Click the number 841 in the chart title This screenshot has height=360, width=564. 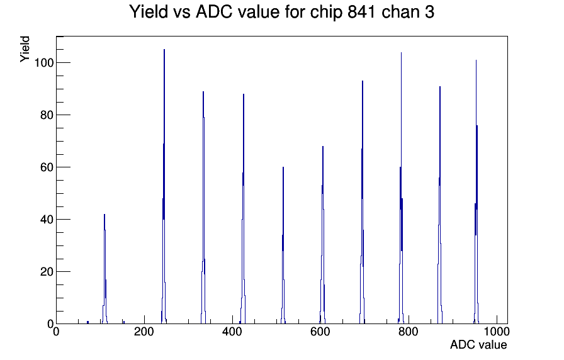[x=362, y=12]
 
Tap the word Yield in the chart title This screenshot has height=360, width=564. [x=149, y=12]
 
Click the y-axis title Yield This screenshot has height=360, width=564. [x=25, y=49]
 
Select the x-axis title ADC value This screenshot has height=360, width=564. [x=478, y=344]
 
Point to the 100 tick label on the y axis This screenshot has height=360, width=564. [x=43, y=63]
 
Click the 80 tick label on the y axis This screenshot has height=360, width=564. [x=47, y=115]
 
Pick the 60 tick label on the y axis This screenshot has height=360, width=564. [x=47, y=167]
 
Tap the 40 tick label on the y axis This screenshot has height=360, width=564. [x=47, y=220]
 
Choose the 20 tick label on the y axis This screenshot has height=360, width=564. [x=47, y=271]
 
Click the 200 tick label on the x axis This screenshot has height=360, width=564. [x=144, y=332]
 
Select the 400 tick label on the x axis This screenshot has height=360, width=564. [x=232, y=332]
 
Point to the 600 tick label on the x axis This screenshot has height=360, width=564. [x=320, y=332]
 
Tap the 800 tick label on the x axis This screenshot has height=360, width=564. [x=409, y=332]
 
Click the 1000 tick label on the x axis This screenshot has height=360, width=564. [x=497, y=332]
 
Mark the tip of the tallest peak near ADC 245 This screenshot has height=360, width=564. [x=164, y=50]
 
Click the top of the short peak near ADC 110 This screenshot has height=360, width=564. [x=104, y=215]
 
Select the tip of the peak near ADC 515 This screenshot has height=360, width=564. [x=283, y=167]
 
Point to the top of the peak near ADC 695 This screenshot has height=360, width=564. [x=363, y=81]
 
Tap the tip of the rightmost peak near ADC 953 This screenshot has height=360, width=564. [x=476, y=60]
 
